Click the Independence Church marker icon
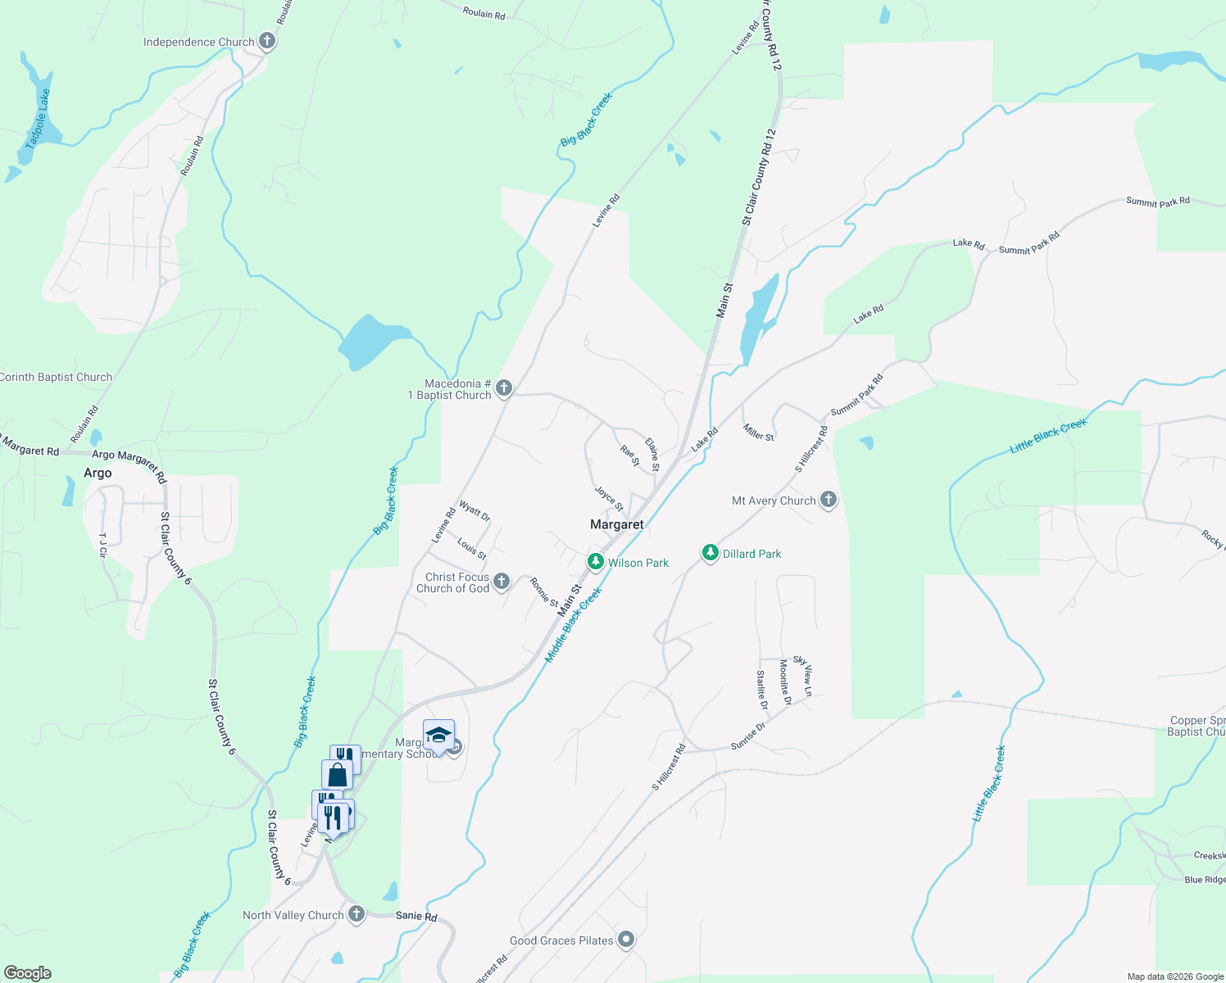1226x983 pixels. (266, 41)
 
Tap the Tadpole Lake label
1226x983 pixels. (38, 120)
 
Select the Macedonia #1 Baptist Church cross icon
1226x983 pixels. (504, 388)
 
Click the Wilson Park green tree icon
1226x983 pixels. (596, 562)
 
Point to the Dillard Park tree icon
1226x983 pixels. (711, 554)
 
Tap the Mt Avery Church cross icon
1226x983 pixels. (829, 500)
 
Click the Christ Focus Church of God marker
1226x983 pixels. (502, 582)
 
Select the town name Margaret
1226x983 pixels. (617, 524)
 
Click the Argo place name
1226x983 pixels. (98, 473)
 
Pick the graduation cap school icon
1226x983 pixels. (438, 734)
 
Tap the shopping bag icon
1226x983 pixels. (337, 774)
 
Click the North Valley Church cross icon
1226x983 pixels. (356, 914)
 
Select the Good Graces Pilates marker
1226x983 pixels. (626, 940)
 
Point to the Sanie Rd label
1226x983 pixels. (416, 917)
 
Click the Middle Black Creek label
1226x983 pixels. (574, 625)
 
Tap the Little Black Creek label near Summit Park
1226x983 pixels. (1048, 435)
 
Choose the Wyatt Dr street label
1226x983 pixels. (475, 512)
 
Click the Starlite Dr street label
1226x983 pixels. (762, 690)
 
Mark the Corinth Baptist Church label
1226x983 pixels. (56, 378)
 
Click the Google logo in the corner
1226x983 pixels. (28, 972)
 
